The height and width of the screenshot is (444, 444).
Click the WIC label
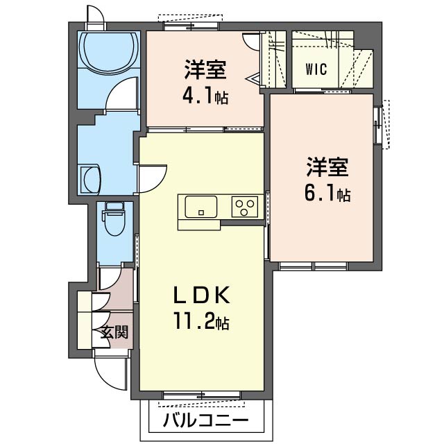[x=316, y=69]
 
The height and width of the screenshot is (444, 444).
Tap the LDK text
[x=201, y=296]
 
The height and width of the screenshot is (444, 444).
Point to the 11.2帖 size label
[x=201, y=321]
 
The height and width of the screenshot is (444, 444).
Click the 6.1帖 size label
[x=327, y=193]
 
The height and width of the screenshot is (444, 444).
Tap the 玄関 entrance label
[x=115, y=332]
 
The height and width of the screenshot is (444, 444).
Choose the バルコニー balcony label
[x=206, y=420]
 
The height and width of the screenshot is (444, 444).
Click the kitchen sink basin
[x=201, y=207]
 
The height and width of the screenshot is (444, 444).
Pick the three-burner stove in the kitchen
[x=245, y=207]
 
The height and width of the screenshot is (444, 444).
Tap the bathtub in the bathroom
[x=109, y=50]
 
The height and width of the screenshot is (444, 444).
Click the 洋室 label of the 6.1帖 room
[x=327, y=167]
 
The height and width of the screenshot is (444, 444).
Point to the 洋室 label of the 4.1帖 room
[x=205, y=69]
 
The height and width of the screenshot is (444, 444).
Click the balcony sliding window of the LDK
[x=202, y=395]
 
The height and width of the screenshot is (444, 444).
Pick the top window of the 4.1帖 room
[x=191, y=26]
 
